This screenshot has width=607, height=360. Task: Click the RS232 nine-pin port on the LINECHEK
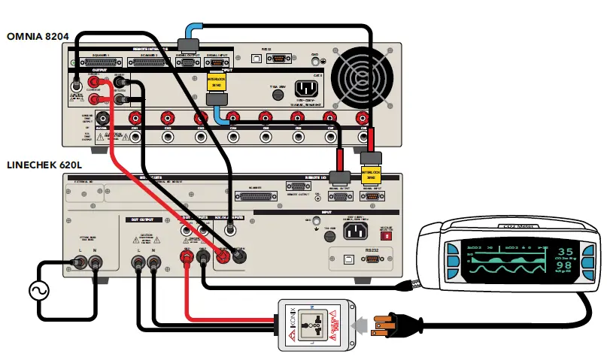371,259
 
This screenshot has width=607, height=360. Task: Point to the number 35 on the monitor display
564,252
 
